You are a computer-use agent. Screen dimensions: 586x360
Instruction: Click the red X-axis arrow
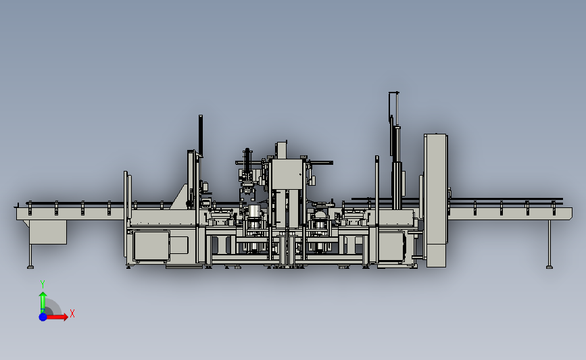[56, 317]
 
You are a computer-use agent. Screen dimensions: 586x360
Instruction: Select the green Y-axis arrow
[43, 302]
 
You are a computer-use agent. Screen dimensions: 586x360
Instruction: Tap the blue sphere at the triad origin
[43, 317]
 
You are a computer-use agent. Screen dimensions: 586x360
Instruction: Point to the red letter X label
[72, 313]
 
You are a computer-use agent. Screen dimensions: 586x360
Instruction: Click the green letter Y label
[43, 284]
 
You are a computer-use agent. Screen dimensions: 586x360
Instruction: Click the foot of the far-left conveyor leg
[30, 267]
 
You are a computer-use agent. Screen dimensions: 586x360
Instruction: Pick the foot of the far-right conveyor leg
[550, 267]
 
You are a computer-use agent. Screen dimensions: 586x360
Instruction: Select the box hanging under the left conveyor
[48, 232]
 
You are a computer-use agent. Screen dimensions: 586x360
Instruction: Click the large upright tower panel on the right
[436, 201]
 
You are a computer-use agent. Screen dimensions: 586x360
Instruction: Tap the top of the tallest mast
[394, 93]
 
